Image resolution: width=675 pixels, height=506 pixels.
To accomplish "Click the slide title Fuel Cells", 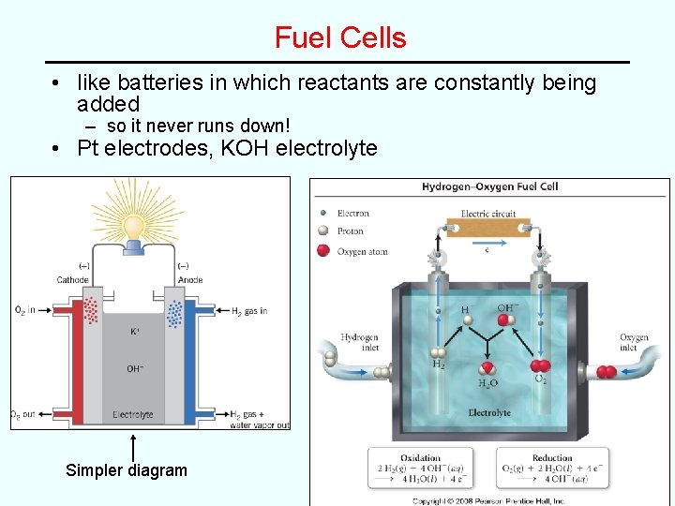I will click(340, 38).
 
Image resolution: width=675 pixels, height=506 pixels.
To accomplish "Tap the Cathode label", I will click(72, 279).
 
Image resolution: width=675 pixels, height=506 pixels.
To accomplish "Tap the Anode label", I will click(189, 279).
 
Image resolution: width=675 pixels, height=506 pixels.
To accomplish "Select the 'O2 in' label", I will click(26, 310).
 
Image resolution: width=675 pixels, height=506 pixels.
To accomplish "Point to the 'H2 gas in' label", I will click(248, 311).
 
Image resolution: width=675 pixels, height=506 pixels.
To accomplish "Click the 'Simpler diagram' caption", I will click(127, 470).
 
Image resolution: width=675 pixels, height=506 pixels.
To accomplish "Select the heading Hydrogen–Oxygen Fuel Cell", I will click(489, 186).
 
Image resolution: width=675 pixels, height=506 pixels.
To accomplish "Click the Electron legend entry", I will click(352, 214).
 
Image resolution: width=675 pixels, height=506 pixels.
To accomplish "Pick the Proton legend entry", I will click(350, 231).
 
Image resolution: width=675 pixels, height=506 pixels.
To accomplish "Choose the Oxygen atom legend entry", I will click(362, 251).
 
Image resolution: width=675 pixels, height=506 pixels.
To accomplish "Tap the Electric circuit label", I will click(488, 213).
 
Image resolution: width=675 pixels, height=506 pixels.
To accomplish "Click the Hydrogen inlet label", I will click(359, 342).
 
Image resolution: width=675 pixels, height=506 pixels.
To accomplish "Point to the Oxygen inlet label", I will click(634, 342).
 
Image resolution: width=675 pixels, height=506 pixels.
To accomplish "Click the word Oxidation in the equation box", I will click(420, 458).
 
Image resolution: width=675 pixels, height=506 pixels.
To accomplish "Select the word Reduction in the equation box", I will click(552, 458).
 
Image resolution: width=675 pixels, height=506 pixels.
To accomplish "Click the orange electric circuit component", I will click(488, 230).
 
